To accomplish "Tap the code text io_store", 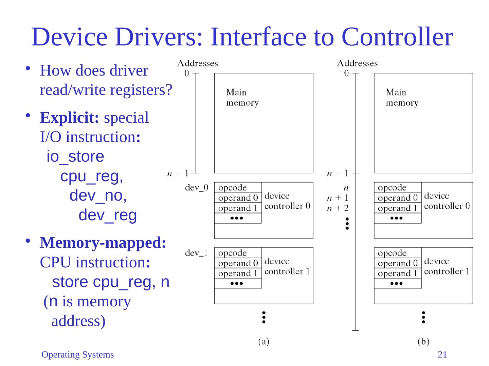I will point(75,157).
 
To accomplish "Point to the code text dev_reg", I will point(108,216).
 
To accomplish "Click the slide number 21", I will point(442,355).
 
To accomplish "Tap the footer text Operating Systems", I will point(77,355).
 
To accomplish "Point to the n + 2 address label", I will point(338,208).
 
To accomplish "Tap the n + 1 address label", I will point(338,198).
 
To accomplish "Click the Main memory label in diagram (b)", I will point(402,98).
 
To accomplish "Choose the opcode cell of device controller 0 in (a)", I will point(238,187).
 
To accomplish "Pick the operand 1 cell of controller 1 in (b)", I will point(397,273).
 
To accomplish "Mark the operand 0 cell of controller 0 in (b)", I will point(397,198).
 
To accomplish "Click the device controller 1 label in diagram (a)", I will point(287,266).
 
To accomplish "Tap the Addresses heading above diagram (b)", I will point(357,63).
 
